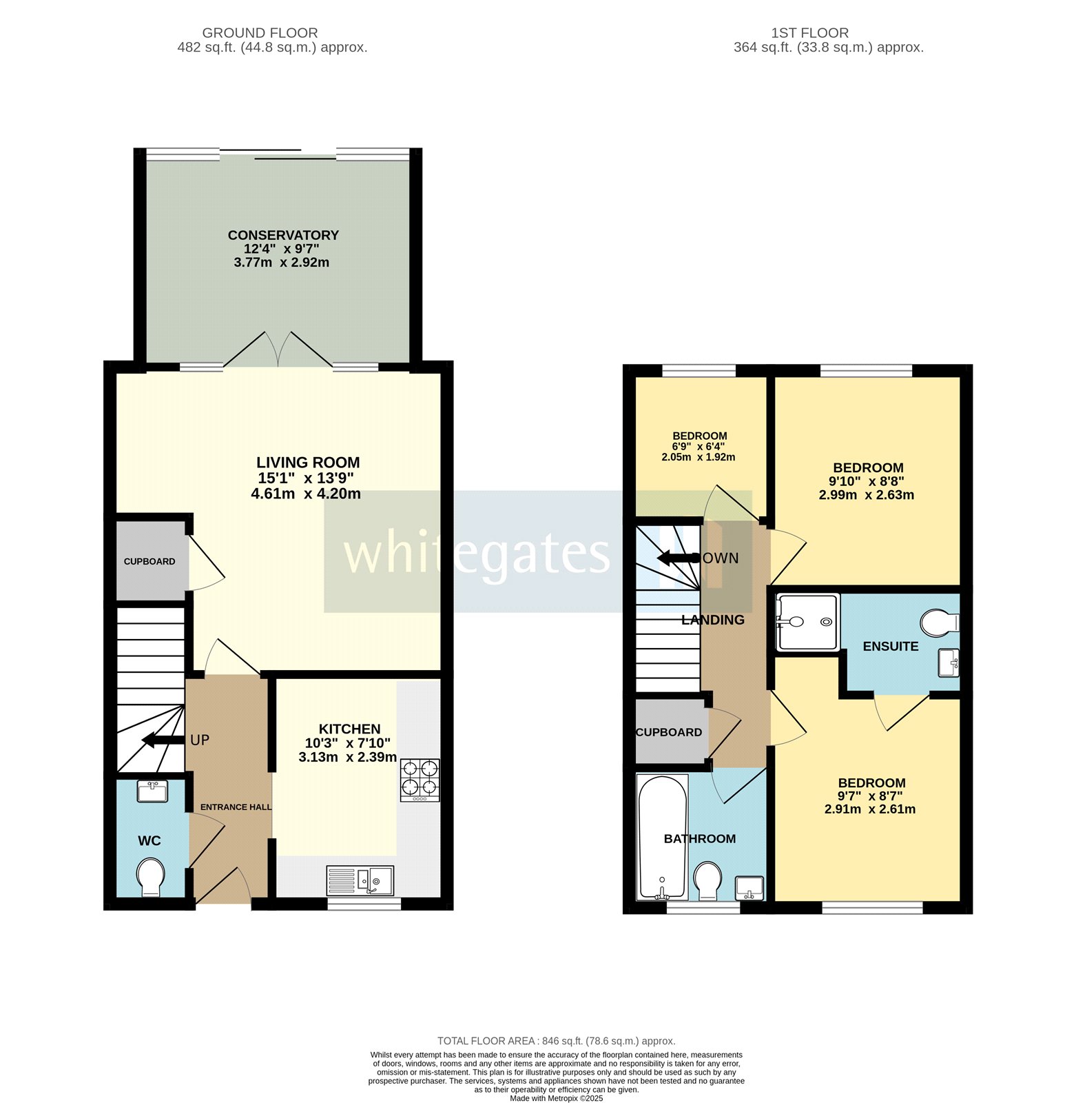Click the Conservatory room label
tap(283, 235)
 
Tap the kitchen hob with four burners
tap(420, 780)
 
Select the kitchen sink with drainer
tap(360, 880)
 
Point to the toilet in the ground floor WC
tap(151, 877)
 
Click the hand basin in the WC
tap(152, 791)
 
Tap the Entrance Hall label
tap(236, 807)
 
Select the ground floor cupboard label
tap(149, 561)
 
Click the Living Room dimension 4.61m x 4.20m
tap(306, 494)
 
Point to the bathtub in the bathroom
tap(662, 838)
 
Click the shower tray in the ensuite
tap(807, 622)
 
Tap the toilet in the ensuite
tap(940, 623)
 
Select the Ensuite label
tap(891, 646)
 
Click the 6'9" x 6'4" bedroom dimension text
tap(699, 446)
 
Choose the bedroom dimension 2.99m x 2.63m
tap(866, 495)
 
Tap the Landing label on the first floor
tap(713, 620)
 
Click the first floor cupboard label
tap(668, 732)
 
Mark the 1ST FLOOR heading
tap(809, 32)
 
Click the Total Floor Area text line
tap(556, 1041)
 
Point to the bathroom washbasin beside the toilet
tap(749, 887)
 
